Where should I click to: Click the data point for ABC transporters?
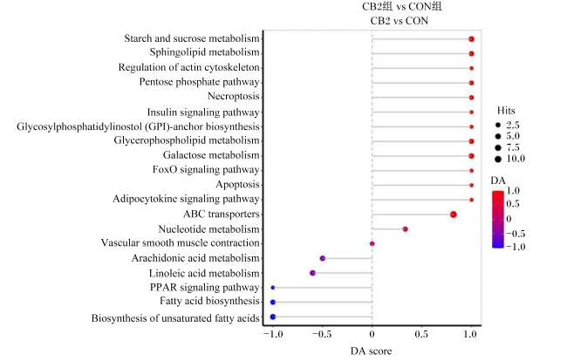point(454,215)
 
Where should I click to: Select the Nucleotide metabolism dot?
point(406,229)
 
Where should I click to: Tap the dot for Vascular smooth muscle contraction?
point(372,243)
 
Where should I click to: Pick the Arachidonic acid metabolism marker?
point(323,258)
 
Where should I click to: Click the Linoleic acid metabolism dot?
point(313,273)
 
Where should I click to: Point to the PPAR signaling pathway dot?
point(273,288)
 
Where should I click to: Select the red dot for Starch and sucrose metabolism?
point(471,39)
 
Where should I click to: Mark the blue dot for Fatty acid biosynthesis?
point(273,302)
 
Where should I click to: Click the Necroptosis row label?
point(234,97)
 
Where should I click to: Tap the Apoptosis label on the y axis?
point(237,185)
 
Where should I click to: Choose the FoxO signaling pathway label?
point(206,169)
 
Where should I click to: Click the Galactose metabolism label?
point(211,155)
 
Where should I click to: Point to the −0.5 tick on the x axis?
point(322,334)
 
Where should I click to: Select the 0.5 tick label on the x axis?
point(421,334)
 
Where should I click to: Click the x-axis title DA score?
point(371,351)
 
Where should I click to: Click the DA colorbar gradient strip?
point(498,220)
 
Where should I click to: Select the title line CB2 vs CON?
point(400,21)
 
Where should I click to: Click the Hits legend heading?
point(506,110)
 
